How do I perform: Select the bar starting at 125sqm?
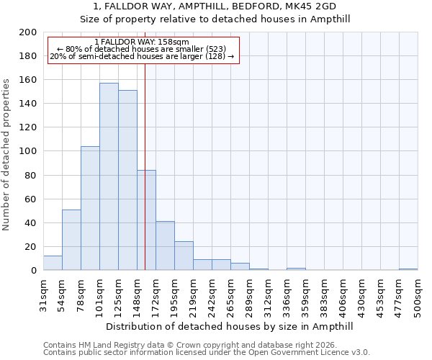(x=127, y=180)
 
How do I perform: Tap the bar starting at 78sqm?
(x=90, y=208)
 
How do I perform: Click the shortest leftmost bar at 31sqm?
(x=53, y=263)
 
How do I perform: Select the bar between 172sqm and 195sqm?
(x=165, y=246)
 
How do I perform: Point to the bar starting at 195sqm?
(x=184, y=256)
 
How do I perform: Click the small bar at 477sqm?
(x=408, y=269)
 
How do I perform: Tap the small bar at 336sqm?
(x=296, y=269)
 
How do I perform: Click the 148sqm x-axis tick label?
(x=137, y=296)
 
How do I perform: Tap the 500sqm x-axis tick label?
(x=418, y=296)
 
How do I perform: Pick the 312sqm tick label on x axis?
(x=268, y=296)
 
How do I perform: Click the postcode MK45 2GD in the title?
(x=305, y=6)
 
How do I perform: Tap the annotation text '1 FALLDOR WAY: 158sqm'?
(x=142, y=42)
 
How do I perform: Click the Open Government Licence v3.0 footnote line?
(x=207, y=352)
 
